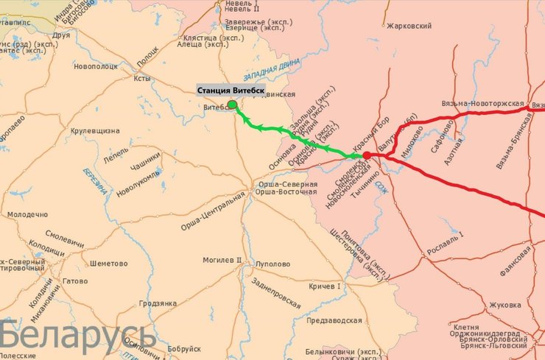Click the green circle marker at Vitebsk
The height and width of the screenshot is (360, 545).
point(232,105)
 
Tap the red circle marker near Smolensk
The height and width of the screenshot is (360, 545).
point(366,155)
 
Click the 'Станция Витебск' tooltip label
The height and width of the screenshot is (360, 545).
point(231,91)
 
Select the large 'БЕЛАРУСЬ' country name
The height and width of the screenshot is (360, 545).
point(77,335)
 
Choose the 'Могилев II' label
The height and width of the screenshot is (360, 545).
point(222,261)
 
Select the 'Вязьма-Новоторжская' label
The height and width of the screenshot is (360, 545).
point(483,104)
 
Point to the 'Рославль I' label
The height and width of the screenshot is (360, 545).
point(446,239)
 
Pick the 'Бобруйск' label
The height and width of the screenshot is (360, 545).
point(184,348)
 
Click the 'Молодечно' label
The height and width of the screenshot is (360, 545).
point(27,214)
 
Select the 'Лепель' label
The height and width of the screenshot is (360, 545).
point(95,158)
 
